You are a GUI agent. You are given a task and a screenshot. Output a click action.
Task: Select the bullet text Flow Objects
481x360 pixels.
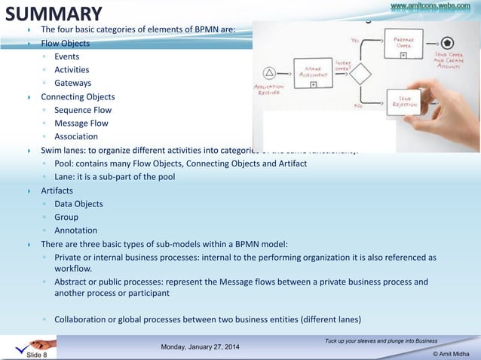coord(65,43)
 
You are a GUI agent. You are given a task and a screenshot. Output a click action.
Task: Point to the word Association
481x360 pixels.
coord(76,136)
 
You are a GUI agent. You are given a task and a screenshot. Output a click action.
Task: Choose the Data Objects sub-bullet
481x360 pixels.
coord(78,203)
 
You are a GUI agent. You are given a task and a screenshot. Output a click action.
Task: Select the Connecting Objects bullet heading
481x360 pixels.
coord(78,96)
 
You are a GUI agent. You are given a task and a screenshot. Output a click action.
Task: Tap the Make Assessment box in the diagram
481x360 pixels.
coord(311,72)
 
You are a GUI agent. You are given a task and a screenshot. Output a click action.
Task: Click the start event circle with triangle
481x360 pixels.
coord(266,73)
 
